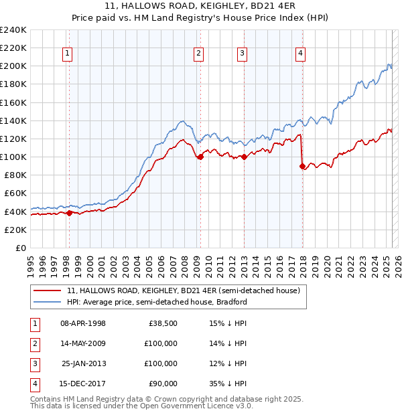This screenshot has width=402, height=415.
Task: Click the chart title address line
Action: click(201, 6)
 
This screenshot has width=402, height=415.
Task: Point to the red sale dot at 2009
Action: click(200, 157)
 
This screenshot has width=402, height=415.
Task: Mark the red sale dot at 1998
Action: click(69, 213)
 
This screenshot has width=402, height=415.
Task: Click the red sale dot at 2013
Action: click(244, 157)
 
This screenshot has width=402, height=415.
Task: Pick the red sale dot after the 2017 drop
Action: click(302, 166)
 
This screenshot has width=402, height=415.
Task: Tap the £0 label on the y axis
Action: click(19, 248)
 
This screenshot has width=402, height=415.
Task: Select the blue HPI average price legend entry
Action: click(157, 302)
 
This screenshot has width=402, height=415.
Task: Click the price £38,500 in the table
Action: click(163, 323)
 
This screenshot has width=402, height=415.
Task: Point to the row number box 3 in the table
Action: click(33, 363)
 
